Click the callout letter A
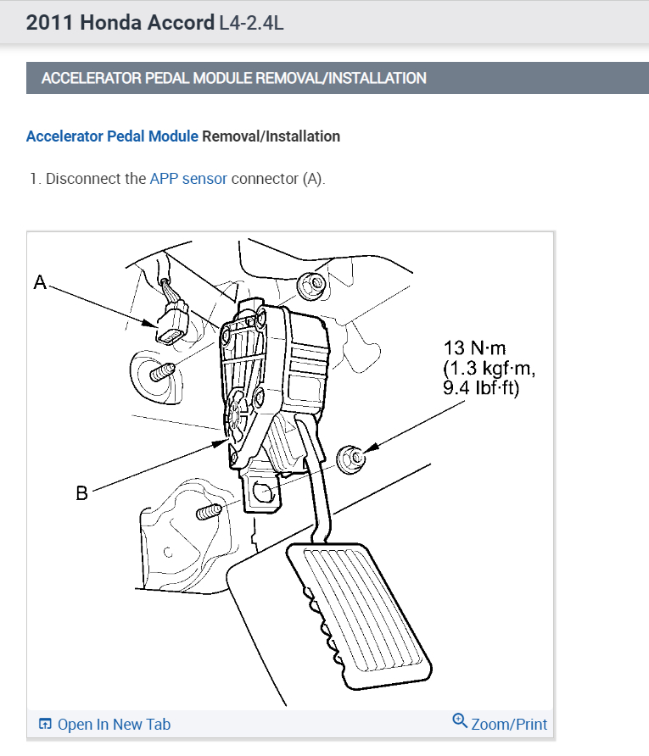pos(39,282)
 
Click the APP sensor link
pos(188,179)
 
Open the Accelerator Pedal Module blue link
pos(112,136)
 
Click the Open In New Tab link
pos(114,724)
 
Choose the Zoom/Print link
pos(509,724)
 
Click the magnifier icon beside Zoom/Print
pos(460,721)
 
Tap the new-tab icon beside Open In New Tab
pos(46,724)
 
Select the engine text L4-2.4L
pos(251,23)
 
